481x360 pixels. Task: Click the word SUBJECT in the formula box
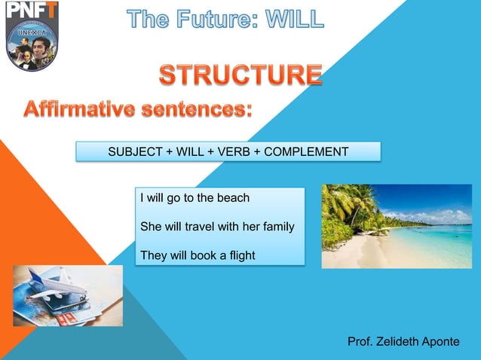tap(134, 152)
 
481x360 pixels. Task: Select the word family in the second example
tap(277, 227)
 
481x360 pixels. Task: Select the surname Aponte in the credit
tap(443, 342)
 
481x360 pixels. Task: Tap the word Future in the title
tap(204, 18)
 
